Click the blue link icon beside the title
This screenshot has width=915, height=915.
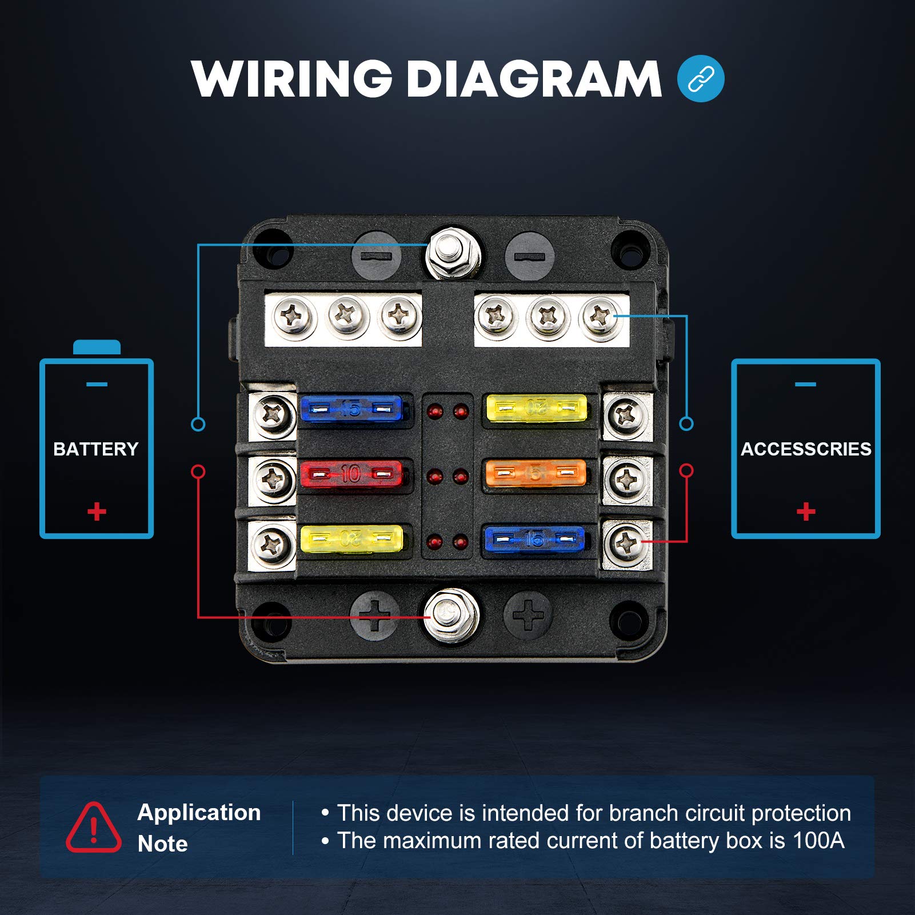click(701, 79)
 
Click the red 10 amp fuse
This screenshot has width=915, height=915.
click(351, 474)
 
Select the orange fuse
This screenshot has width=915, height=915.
click(536, 473)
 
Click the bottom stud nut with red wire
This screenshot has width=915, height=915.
click(451, 615)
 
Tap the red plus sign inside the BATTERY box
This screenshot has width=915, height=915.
click(97, 511)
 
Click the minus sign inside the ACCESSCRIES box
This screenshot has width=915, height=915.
click(805, 384)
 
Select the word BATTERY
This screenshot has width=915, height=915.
click(96, 449)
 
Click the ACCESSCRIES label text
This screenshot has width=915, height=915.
click(806, 449)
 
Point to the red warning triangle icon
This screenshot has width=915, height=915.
click(94, 828)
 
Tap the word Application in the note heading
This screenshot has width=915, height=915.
click(199, 813)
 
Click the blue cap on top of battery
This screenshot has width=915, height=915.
click(97, 347)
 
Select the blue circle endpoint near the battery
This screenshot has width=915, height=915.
click(198, 424)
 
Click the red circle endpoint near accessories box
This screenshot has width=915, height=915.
click(686, 470)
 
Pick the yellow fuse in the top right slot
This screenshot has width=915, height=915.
click(536, 407)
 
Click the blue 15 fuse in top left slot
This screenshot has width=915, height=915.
click(351, 408)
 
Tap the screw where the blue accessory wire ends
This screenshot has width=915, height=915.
click(599, 316)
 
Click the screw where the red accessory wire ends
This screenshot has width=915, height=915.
click(626, 542)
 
